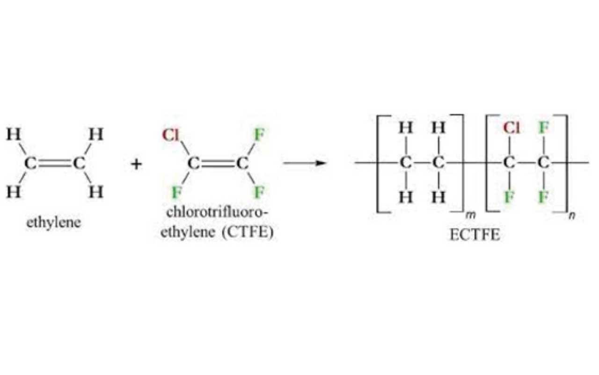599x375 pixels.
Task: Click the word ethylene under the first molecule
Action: (53, 222)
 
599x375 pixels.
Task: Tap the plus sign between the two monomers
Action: (136, 164)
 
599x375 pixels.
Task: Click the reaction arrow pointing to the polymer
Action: (304, 163)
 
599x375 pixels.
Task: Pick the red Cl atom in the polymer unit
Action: (511, 128)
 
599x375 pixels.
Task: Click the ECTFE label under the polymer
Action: (475, 234)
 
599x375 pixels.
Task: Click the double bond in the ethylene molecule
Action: (53, 164)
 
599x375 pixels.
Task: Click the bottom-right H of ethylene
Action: (96, 192)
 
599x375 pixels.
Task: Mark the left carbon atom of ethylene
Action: (29, 164)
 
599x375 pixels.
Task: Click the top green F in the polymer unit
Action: (543, 128)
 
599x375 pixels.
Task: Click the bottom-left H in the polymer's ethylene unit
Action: (406, 197)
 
